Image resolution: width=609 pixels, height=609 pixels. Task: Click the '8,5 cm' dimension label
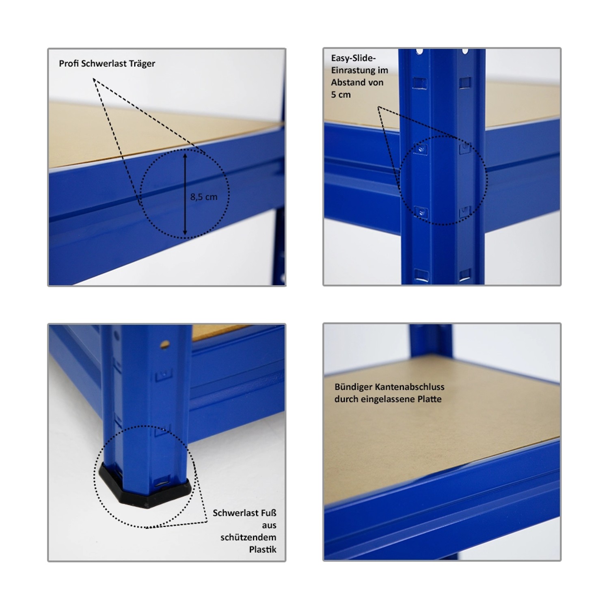coord(204,197)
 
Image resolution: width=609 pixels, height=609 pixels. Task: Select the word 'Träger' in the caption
coord(142,64)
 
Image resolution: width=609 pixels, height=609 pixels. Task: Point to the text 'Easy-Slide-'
coord(353,58)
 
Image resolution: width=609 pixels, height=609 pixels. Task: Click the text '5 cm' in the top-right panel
coord(341,95)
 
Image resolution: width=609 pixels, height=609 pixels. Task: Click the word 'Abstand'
coord(347,82)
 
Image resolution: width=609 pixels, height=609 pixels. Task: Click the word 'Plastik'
coord(263,549)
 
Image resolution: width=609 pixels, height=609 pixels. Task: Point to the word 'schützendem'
coord(248,537)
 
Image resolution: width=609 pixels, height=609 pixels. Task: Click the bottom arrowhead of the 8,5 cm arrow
coord(185,233)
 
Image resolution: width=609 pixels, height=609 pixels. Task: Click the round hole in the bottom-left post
coord(165,345)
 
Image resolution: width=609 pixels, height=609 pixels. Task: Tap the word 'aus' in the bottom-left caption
coord(269,525)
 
